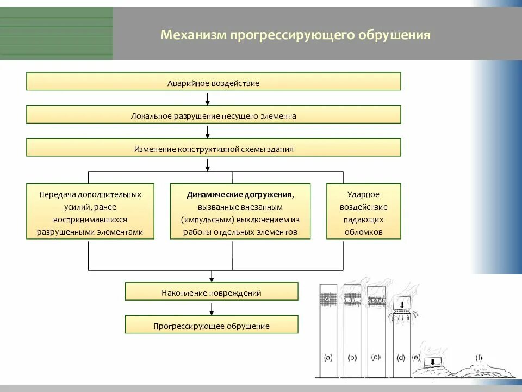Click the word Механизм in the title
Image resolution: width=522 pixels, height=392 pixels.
pos(193,35)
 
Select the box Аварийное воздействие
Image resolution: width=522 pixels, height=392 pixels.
pos(213,82)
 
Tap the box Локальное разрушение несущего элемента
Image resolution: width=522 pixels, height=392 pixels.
pos(213,115)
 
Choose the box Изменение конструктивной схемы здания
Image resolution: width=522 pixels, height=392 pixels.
pos(213,148)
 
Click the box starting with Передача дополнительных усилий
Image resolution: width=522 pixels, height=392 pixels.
pos(90,212)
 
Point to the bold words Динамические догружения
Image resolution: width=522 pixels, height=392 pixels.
pos(240,194)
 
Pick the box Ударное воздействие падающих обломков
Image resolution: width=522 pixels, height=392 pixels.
pos(363,212)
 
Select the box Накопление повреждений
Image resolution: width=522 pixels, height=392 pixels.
pos(212,292)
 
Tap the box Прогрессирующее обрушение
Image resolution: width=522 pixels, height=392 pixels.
pos(212,325)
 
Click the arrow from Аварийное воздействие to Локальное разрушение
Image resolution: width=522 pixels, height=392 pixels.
pos(207,98)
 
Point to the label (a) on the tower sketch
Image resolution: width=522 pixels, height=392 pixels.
pos(328,358)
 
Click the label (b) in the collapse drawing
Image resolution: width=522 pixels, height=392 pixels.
pos(352,358)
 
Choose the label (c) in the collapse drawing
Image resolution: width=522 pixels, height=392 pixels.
pos(375,357)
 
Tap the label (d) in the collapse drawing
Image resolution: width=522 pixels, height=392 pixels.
pos(401,358)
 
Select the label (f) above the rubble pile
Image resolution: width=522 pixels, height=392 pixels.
pos(478,358)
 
